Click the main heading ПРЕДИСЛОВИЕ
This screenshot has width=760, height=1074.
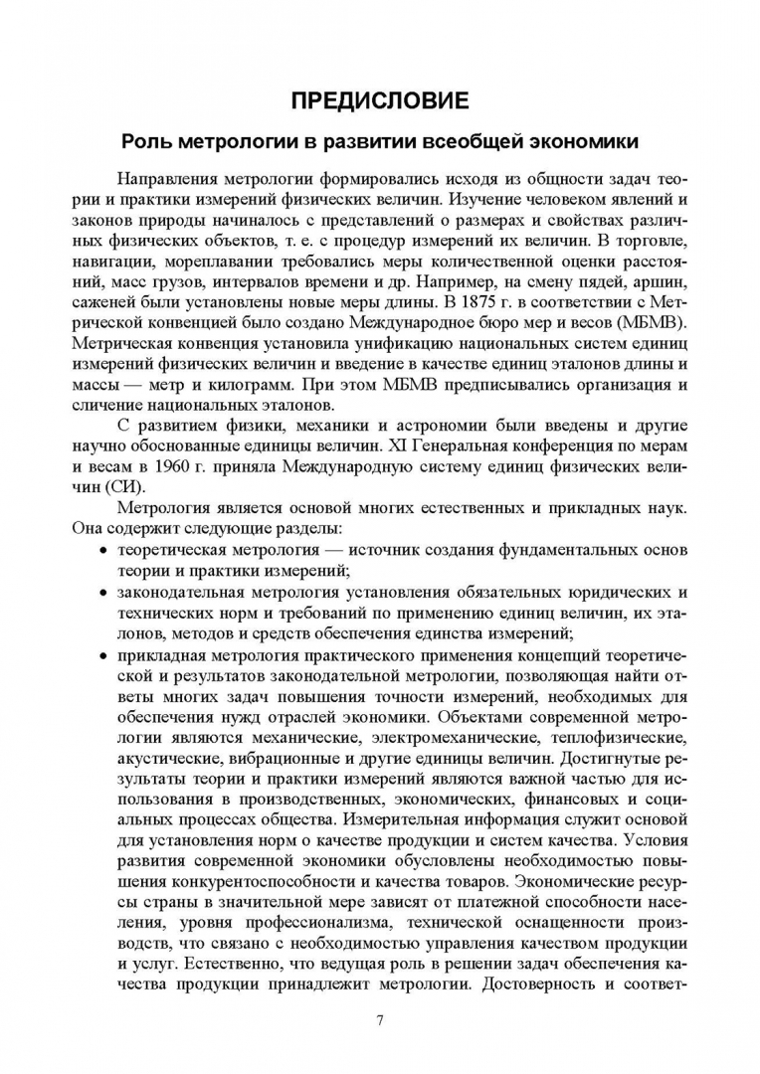coord(380,99)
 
